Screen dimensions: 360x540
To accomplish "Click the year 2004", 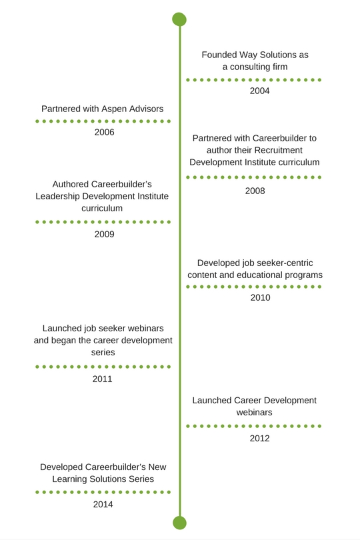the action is [x=259, y=91].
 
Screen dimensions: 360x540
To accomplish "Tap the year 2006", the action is [x=104, y=132].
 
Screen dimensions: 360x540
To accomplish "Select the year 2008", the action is [x=255, y=191].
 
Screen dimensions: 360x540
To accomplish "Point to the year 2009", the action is [x=104, y=234].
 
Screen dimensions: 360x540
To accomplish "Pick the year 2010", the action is [x=260, y=297].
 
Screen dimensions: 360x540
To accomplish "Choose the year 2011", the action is [x=102, y=379].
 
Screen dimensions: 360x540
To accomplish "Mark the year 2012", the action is [x=259, y=439].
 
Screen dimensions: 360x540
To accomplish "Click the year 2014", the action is [x=103, y=505].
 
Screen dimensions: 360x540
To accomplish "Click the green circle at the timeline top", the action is [x=179, y=19].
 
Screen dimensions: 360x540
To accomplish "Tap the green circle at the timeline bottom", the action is [x=179, y=523].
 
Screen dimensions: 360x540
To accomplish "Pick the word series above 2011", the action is [x=103, y=352].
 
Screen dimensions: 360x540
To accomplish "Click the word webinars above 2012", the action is [x=254, y=412].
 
